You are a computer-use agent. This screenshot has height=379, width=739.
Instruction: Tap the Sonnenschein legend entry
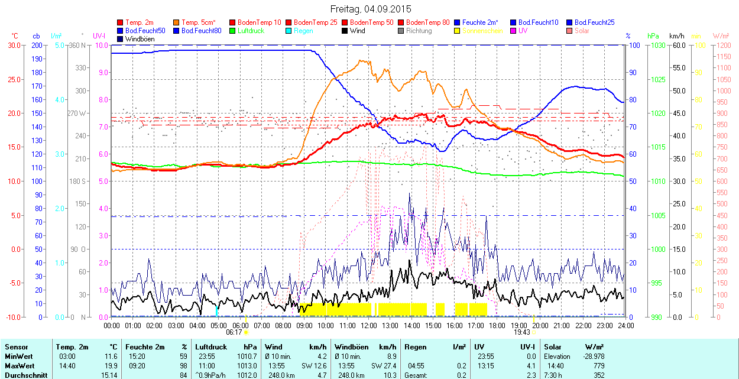pos(482,31)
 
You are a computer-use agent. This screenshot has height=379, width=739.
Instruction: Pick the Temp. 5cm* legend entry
pos(199,22)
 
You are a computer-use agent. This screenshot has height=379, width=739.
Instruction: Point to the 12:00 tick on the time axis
pos(369,325)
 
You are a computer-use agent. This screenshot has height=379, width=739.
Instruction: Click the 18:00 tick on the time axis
pos(497,325)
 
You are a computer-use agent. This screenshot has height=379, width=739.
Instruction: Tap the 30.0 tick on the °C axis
pos(13,45)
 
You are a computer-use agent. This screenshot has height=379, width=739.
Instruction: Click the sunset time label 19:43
pos(520,332)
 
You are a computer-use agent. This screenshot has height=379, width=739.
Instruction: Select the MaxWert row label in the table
pos(20,365)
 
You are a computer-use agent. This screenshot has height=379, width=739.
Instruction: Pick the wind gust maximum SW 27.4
pos(382,365)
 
